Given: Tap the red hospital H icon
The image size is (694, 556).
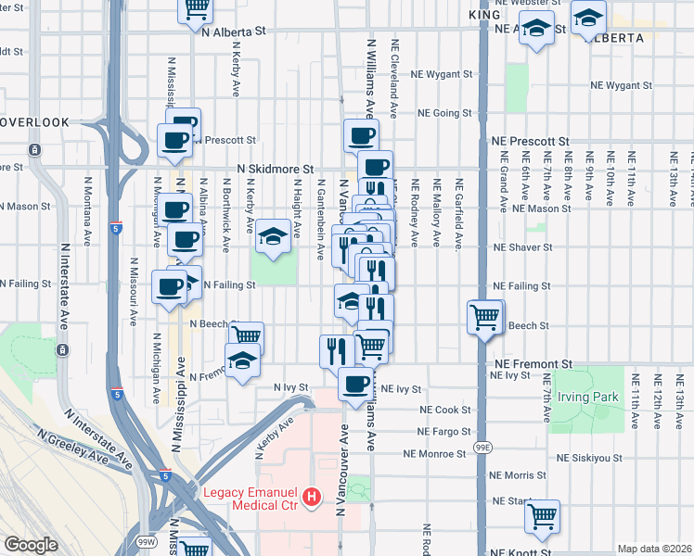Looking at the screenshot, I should [x=312, y=498].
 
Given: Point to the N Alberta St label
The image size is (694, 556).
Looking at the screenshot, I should [x=233, y=31].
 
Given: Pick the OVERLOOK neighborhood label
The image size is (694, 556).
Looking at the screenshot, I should [x=35, y=121].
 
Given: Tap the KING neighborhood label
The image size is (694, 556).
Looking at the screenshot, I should [x=484, y=15].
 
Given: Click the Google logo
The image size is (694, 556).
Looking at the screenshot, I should [x=31, y=545].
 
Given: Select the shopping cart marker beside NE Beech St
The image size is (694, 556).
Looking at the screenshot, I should [x=485, y=318].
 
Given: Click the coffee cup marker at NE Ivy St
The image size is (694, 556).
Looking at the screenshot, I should [x=354, y=383].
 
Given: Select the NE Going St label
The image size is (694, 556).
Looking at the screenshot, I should [x=444, y=113].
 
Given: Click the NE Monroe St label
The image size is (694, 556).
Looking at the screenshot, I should [x=434, y=454].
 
